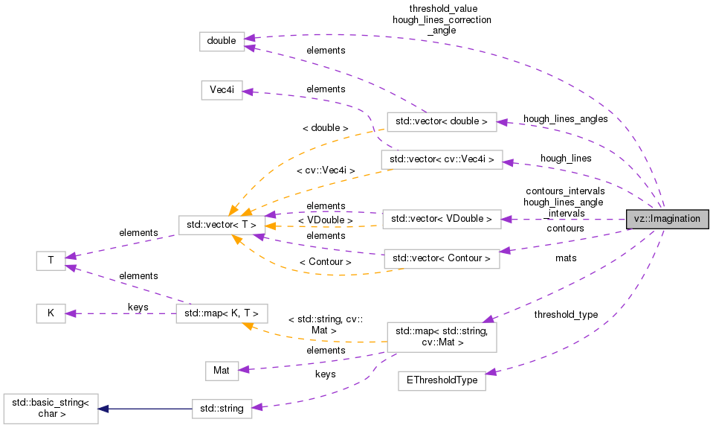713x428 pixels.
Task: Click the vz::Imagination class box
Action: point(667,220)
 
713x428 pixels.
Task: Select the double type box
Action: point(222,42)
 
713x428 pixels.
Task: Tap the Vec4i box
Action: point(222,90)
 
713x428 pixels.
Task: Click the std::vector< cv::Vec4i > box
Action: point(442,159)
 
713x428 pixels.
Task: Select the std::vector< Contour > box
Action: point(441,259)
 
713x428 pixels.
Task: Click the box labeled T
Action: point(51,261)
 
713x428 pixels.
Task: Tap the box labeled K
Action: point(51,313)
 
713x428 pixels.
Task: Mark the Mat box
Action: point(222,370)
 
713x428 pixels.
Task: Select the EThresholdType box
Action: point(442,380)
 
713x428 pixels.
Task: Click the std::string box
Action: point(222,408)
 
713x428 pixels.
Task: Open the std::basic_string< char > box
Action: point(51,409)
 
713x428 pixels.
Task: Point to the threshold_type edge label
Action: point(565,315)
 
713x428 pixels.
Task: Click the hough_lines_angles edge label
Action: point(565,118)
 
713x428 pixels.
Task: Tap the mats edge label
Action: point(566,258)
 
